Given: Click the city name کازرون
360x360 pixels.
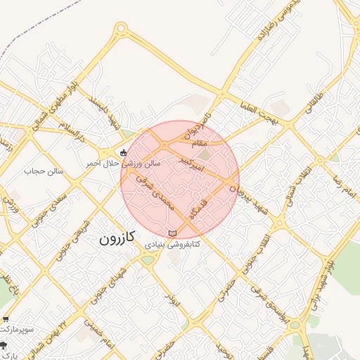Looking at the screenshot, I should (117, 239).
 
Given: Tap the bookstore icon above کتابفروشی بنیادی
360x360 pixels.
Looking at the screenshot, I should (173, 233).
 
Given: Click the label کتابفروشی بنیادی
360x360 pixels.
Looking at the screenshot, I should (173, 245).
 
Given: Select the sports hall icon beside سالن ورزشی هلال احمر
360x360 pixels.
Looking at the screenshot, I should (124, 152).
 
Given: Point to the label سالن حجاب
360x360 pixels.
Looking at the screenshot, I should (44, 171).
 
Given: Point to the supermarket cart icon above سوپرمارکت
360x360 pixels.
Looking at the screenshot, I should (6, 319).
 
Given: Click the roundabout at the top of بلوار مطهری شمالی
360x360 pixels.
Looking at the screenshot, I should (121, 29).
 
